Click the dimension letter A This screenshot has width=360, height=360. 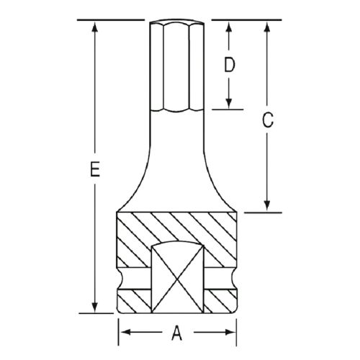click(177, 333)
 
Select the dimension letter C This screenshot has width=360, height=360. click(267, 120)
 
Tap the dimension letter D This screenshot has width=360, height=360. click(229, 65)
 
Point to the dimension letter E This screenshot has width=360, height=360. click(95, 169)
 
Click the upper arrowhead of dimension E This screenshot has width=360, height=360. click(95, 27)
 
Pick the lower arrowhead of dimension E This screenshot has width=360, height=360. click(95, 307)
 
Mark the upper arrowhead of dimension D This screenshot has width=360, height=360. click(229, 27)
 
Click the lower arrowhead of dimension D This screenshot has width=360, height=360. click(229, 103)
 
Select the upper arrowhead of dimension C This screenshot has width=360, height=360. click(267, 27)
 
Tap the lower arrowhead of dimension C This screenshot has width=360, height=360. click(267, 206)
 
